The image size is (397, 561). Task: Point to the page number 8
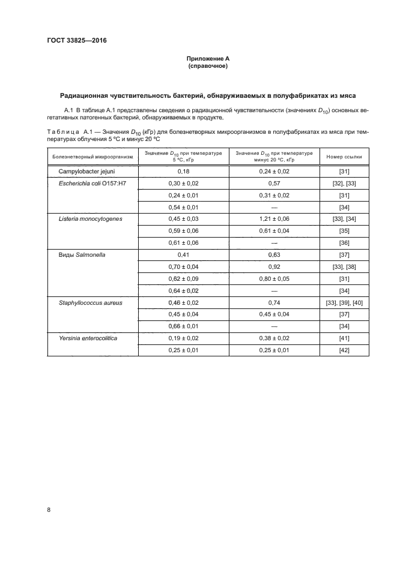(48, 509)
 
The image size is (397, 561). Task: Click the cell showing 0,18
(183, 172)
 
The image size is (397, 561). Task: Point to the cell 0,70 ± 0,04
(183, 266)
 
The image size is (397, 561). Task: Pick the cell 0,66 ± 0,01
(183, 326)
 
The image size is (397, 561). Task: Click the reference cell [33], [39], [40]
(344, 303)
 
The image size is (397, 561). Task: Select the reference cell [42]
(344, 350)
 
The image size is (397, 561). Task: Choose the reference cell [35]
(344, 231)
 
